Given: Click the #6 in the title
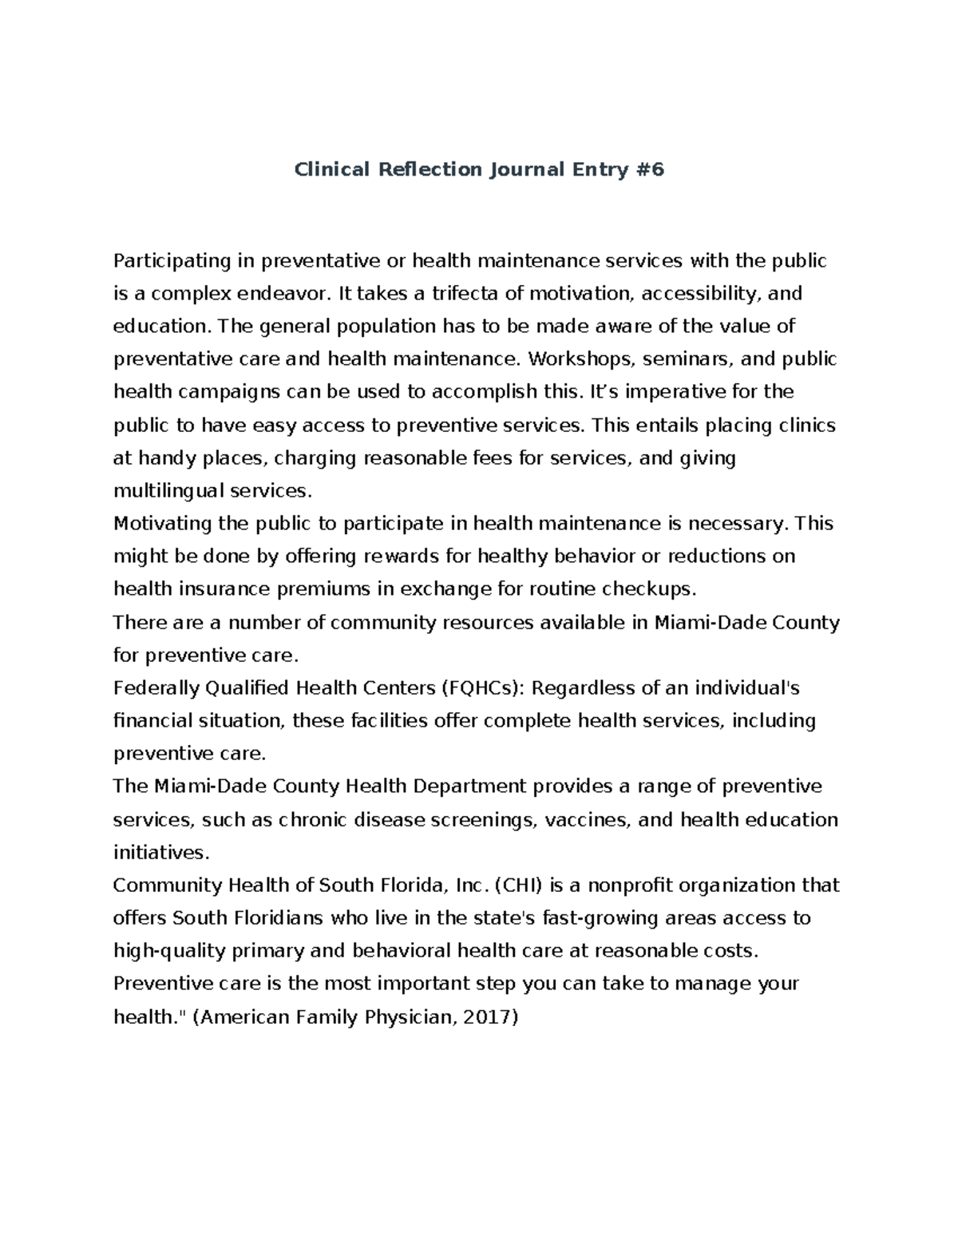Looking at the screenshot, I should click(x=649, y=170).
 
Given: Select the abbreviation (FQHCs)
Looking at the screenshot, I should click(x=482, y=688).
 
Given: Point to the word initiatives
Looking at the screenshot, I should click(x=160, y=853).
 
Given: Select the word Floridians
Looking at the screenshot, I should click(x=271, y=918).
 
